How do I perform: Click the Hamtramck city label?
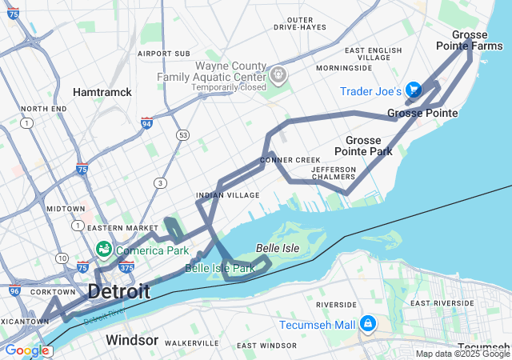102,92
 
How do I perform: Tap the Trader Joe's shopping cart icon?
414,90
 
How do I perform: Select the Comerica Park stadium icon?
104,250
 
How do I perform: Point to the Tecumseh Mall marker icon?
367,324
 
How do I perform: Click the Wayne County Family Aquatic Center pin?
278,75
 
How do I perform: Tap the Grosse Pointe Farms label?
478,40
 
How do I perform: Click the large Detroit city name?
118,291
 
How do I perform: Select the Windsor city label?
132,340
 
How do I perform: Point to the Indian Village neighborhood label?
228,195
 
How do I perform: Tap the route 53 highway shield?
183,134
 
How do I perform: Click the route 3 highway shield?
161,183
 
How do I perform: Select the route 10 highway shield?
62,258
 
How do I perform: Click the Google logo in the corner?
26,350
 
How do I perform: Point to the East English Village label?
373,54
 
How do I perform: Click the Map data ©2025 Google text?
462,354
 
